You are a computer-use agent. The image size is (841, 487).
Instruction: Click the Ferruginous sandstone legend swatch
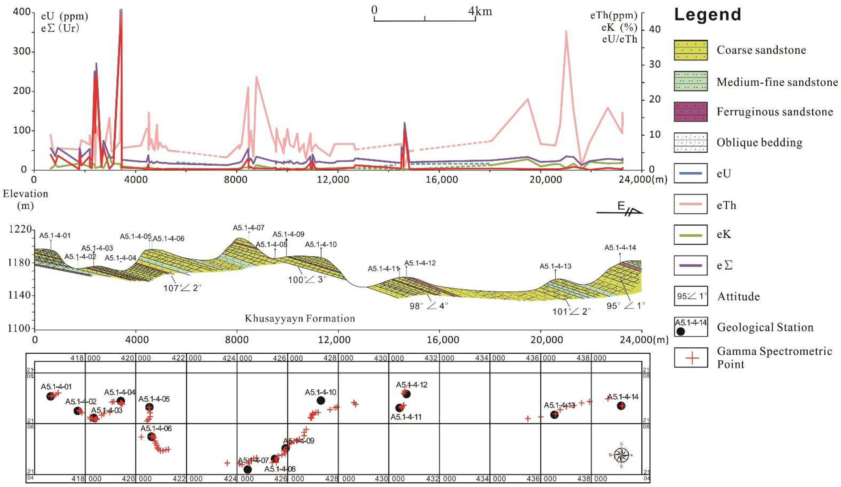pyautogui.click(x=690, y=112)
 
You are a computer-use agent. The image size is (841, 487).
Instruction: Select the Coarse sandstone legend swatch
pyautogui.click(x=690, y=50)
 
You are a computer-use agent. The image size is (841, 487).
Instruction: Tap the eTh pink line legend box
pyautogui.click(x=690, y=204)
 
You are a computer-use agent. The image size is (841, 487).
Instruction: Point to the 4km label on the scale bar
pyautogui.click(x=480, y=11)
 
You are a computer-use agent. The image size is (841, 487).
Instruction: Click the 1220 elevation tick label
pyautogui.click(x=20, y=229)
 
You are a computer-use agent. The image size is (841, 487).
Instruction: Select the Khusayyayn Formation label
pyautogui.click(x=300, y=318)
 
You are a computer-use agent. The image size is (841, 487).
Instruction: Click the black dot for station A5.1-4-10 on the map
pyautogui.click(x=321, y=400)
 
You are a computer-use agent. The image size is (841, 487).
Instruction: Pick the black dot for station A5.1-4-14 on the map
pyautogui.click(x=621, y=406)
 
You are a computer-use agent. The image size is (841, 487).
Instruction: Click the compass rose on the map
pyautogui.click(x=621, y=455)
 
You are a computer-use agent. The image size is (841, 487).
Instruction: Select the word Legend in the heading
pyautogui.click(x=707, y=15)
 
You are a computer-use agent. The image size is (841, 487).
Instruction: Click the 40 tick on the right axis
pyautogui.click(x=654, y=29)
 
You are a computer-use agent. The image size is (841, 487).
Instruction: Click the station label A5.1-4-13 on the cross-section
pyautogui.click(x=555, y=266)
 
